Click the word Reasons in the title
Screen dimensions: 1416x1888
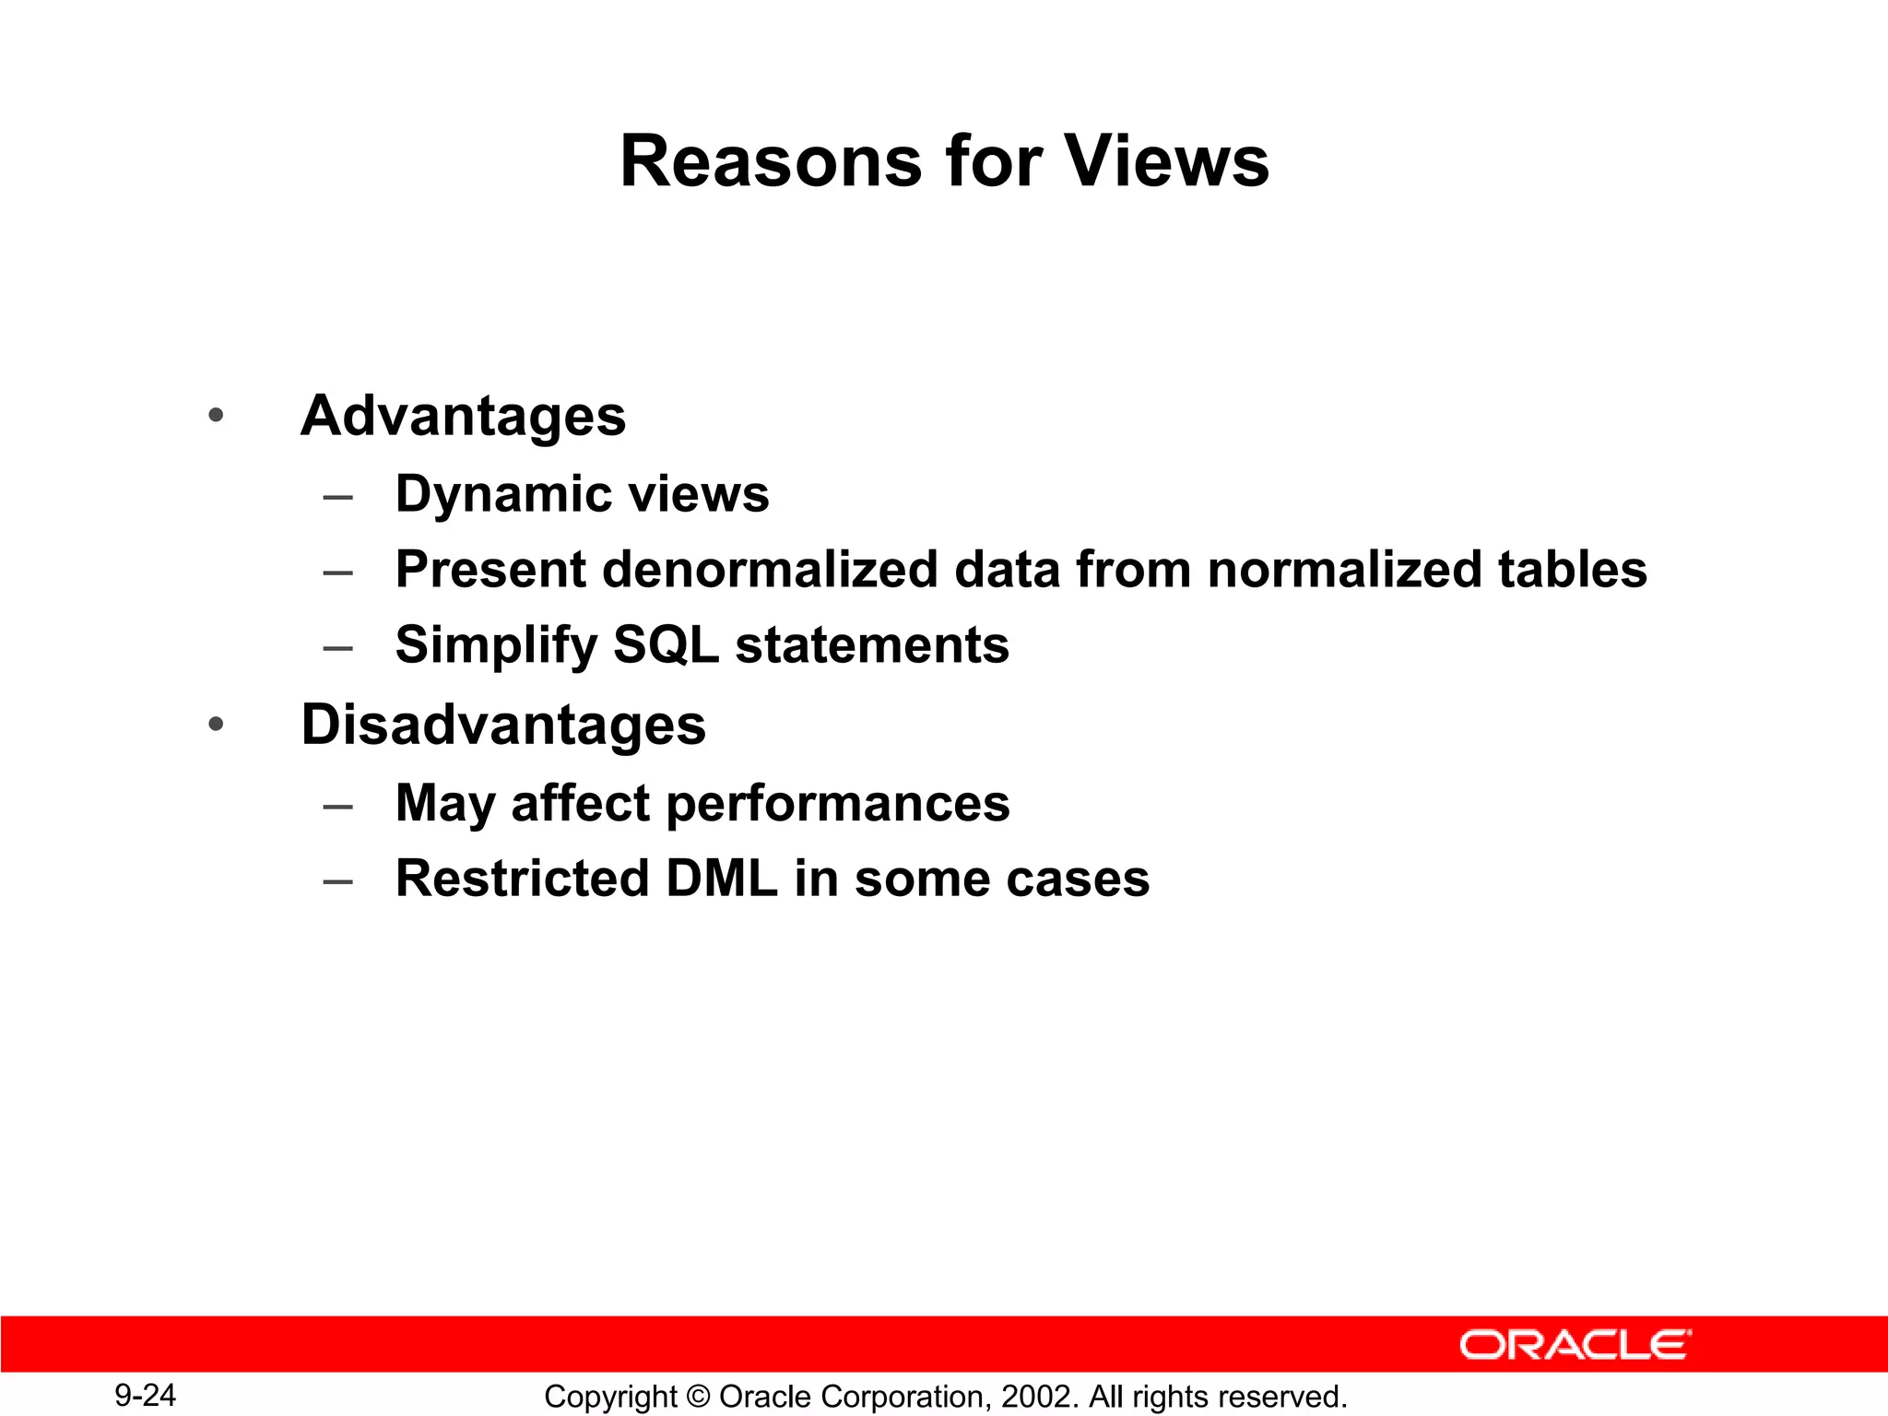[770, 161]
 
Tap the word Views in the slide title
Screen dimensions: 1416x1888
[1167, 161]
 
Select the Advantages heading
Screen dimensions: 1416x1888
[463, 416]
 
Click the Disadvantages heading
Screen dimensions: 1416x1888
[503, 725]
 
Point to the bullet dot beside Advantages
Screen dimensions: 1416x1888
[216, 416]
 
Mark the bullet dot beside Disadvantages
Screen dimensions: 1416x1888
[216, 725]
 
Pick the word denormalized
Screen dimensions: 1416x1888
[770, 569]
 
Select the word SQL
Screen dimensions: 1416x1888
[666, 644]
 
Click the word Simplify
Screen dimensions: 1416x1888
[496, 644]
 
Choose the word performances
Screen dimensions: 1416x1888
[837, 803]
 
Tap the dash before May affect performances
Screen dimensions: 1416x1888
[338, 806]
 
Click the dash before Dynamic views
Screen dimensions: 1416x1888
[338, 497]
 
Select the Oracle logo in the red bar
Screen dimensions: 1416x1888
[1575, 1345]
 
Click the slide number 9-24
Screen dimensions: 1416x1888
[145, 1395]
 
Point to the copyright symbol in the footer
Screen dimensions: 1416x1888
[698, 1397]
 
